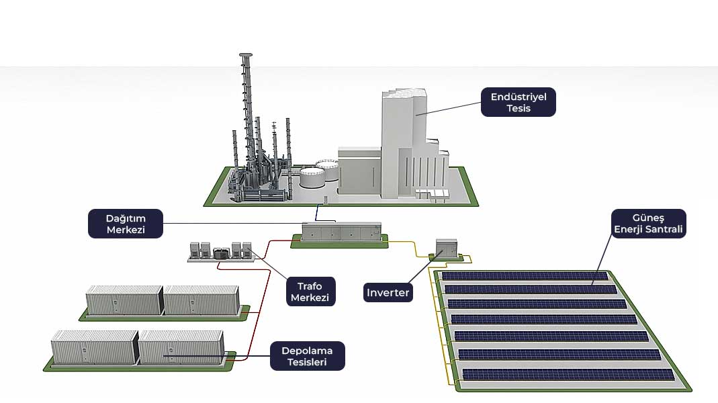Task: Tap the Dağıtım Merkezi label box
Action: (126, 224)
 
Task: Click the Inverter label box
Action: (388, 293)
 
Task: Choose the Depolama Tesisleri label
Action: (308, 356)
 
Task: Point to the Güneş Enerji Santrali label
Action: (648, 223)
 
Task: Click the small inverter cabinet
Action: (446, 247)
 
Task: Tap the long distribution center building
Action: (341, 232)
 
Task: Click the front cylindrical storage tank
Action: (312, 178)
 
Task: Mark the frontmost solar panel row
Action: (568, 374)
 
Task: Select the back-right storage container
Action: (201, 300)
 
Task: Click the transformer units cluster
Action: (222, 251)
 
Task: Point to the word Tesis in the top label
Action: (519, 107)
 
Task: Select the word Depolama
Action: (308, 351)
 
